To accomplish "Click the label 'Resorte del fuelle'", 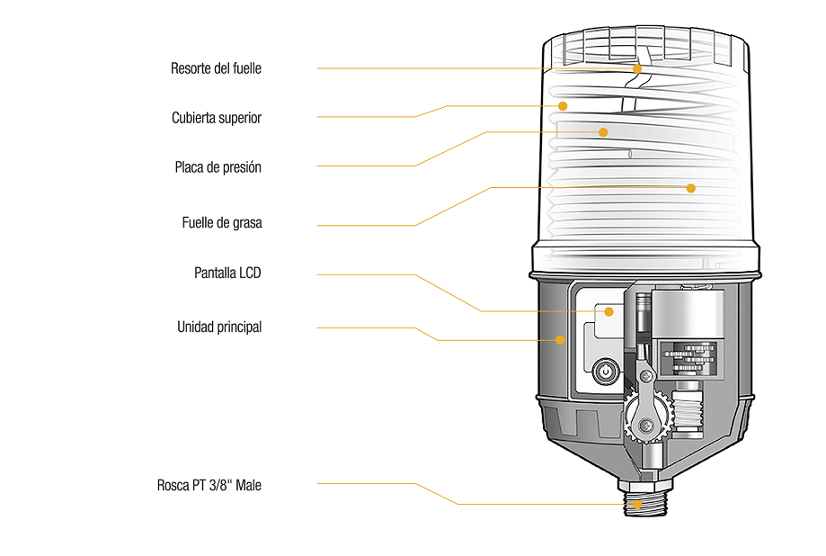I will pyautogui.click(x=216, y=68).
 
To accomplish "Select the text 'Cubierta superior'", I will pyautogui.click(x=216, y=118).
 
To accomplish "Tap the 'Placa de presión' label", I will pyautogui.click(x=218, y=167).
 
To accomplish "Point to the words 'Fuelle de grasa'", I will pyautogui.click(x=221, y=222).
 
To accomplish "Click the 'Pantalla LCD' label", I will pyautogui.click(x=227, y=273).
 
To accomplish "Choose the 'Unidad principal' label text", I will pyautogui.click(x=218, y=327).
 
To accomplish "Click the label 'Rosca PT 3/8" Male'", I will pyautogui.click(x=209, y=486).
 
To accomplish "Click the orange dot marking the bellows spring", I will pyautogui.click(x=636, y=68).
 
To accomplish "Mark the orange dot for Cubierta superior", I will pyautogui.click(x=563, y=105).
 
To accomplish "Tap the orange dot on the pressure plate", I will pyautogui.click(x=603, y=131).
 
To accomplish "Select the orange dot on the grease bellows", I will pyautogui.click(x=690, y=188).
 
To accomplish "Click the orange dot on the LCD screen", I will pyautogui.click(x=609, y=311).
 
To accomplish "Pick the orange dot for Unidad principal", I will pyautogui.click(x=560, y=340).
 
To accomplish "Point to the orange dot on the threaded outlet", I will pyautogui.click(x=637, y=504).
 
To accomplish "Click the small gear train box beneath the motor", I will pyautogui.click(x=688, y=359).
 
